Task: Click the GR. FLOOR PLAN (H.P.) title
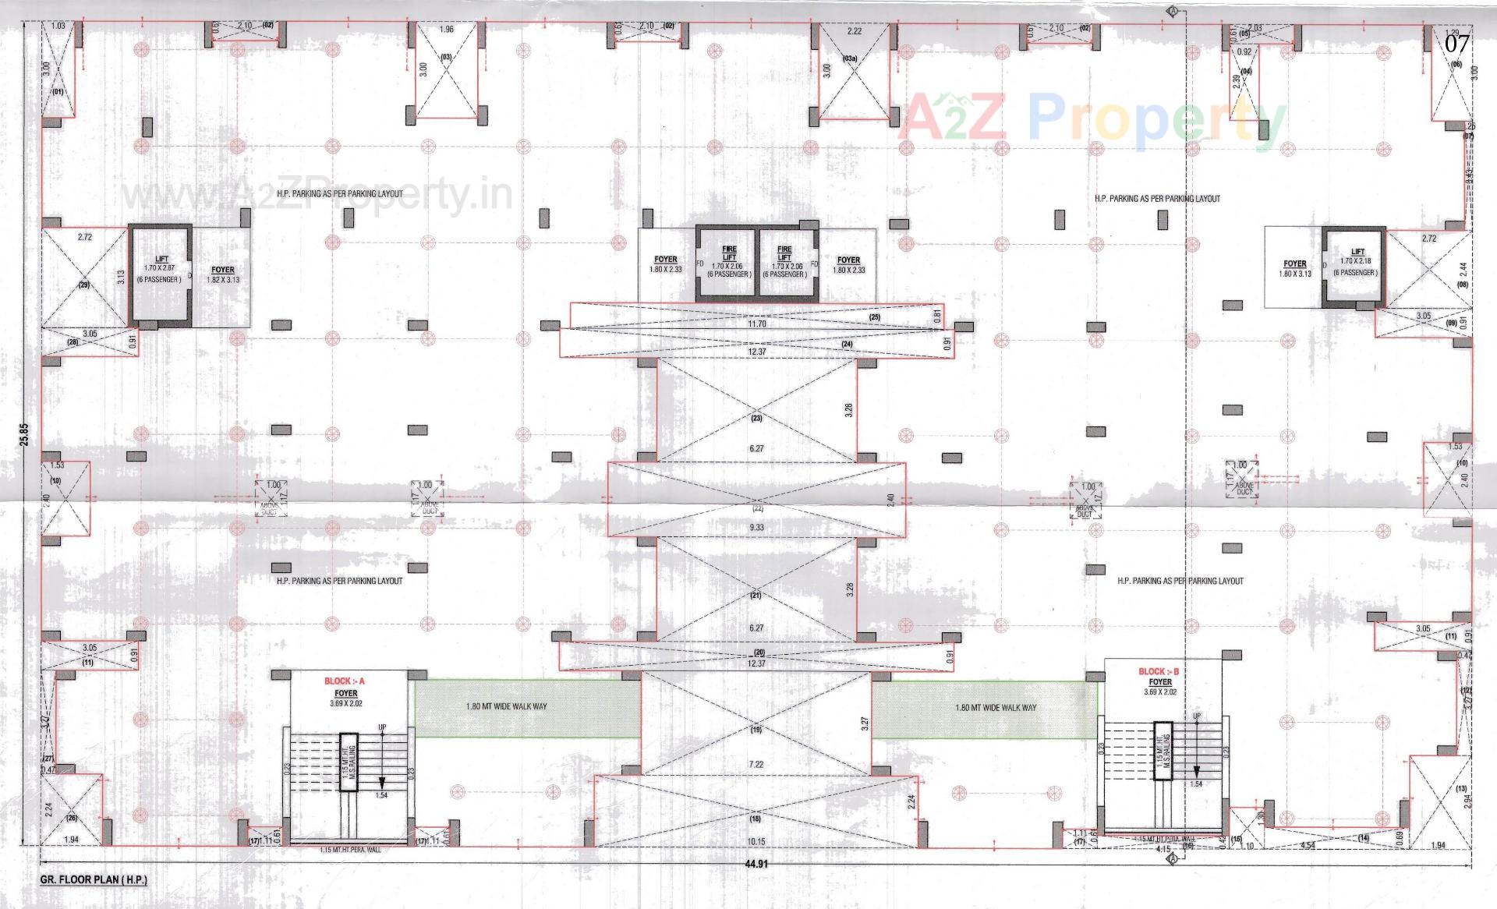pos(94,879)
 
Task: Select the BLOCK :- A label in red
pos(345,681)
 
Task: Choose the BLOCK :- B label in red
pos(1159,671)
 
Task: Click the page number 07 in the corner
pos(1456,44)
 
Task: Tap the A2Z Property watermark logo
pos(1092,118)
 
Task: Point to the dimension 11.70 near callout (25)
pos(756,324)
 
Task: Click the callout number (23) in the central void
pos(756,419)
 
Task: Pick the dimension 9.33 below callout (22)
pos(756,527)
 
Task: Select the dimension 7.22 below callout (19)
pos(756,765)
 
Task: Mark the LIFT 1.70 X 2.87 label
pos(161,269)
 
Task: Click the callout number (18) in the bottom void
pos(755,819)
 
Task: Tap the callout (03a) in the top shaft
pos(850,58)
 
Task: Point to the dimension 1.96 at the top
pos(446,30)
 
